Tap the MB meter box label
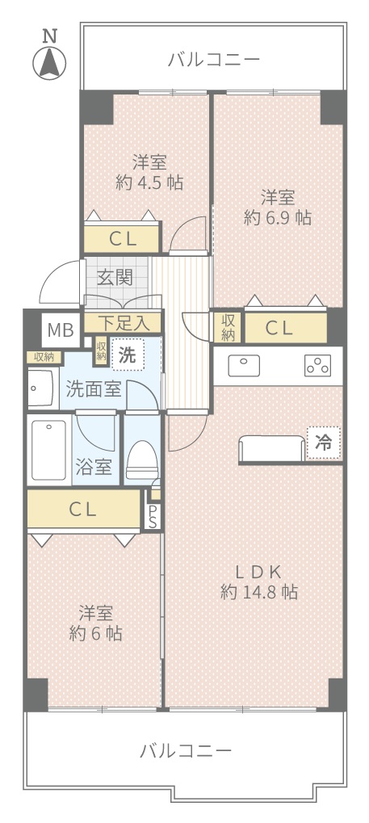(61, 330)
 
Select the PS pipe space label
(153, 516)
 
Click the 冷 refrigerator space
(323, 443)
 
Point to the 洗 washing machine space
(127, 355)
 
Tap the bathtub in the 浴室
(48, 451)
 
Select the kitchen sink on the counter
(244, 366)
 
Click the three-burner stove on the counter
(318, 366)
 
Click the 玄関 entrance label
(115, 277)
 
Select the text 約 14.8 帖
(259, 592)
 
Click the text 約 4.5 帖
(149, 183)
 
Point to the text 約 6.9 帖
(277, 217)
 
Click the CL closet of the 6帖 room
(84, 509)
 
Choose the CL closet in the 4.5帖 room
(122, 239)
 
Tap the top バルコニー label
(214, 59)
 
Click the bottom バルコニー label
(185, 750)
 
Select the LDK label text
(259, 571)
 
